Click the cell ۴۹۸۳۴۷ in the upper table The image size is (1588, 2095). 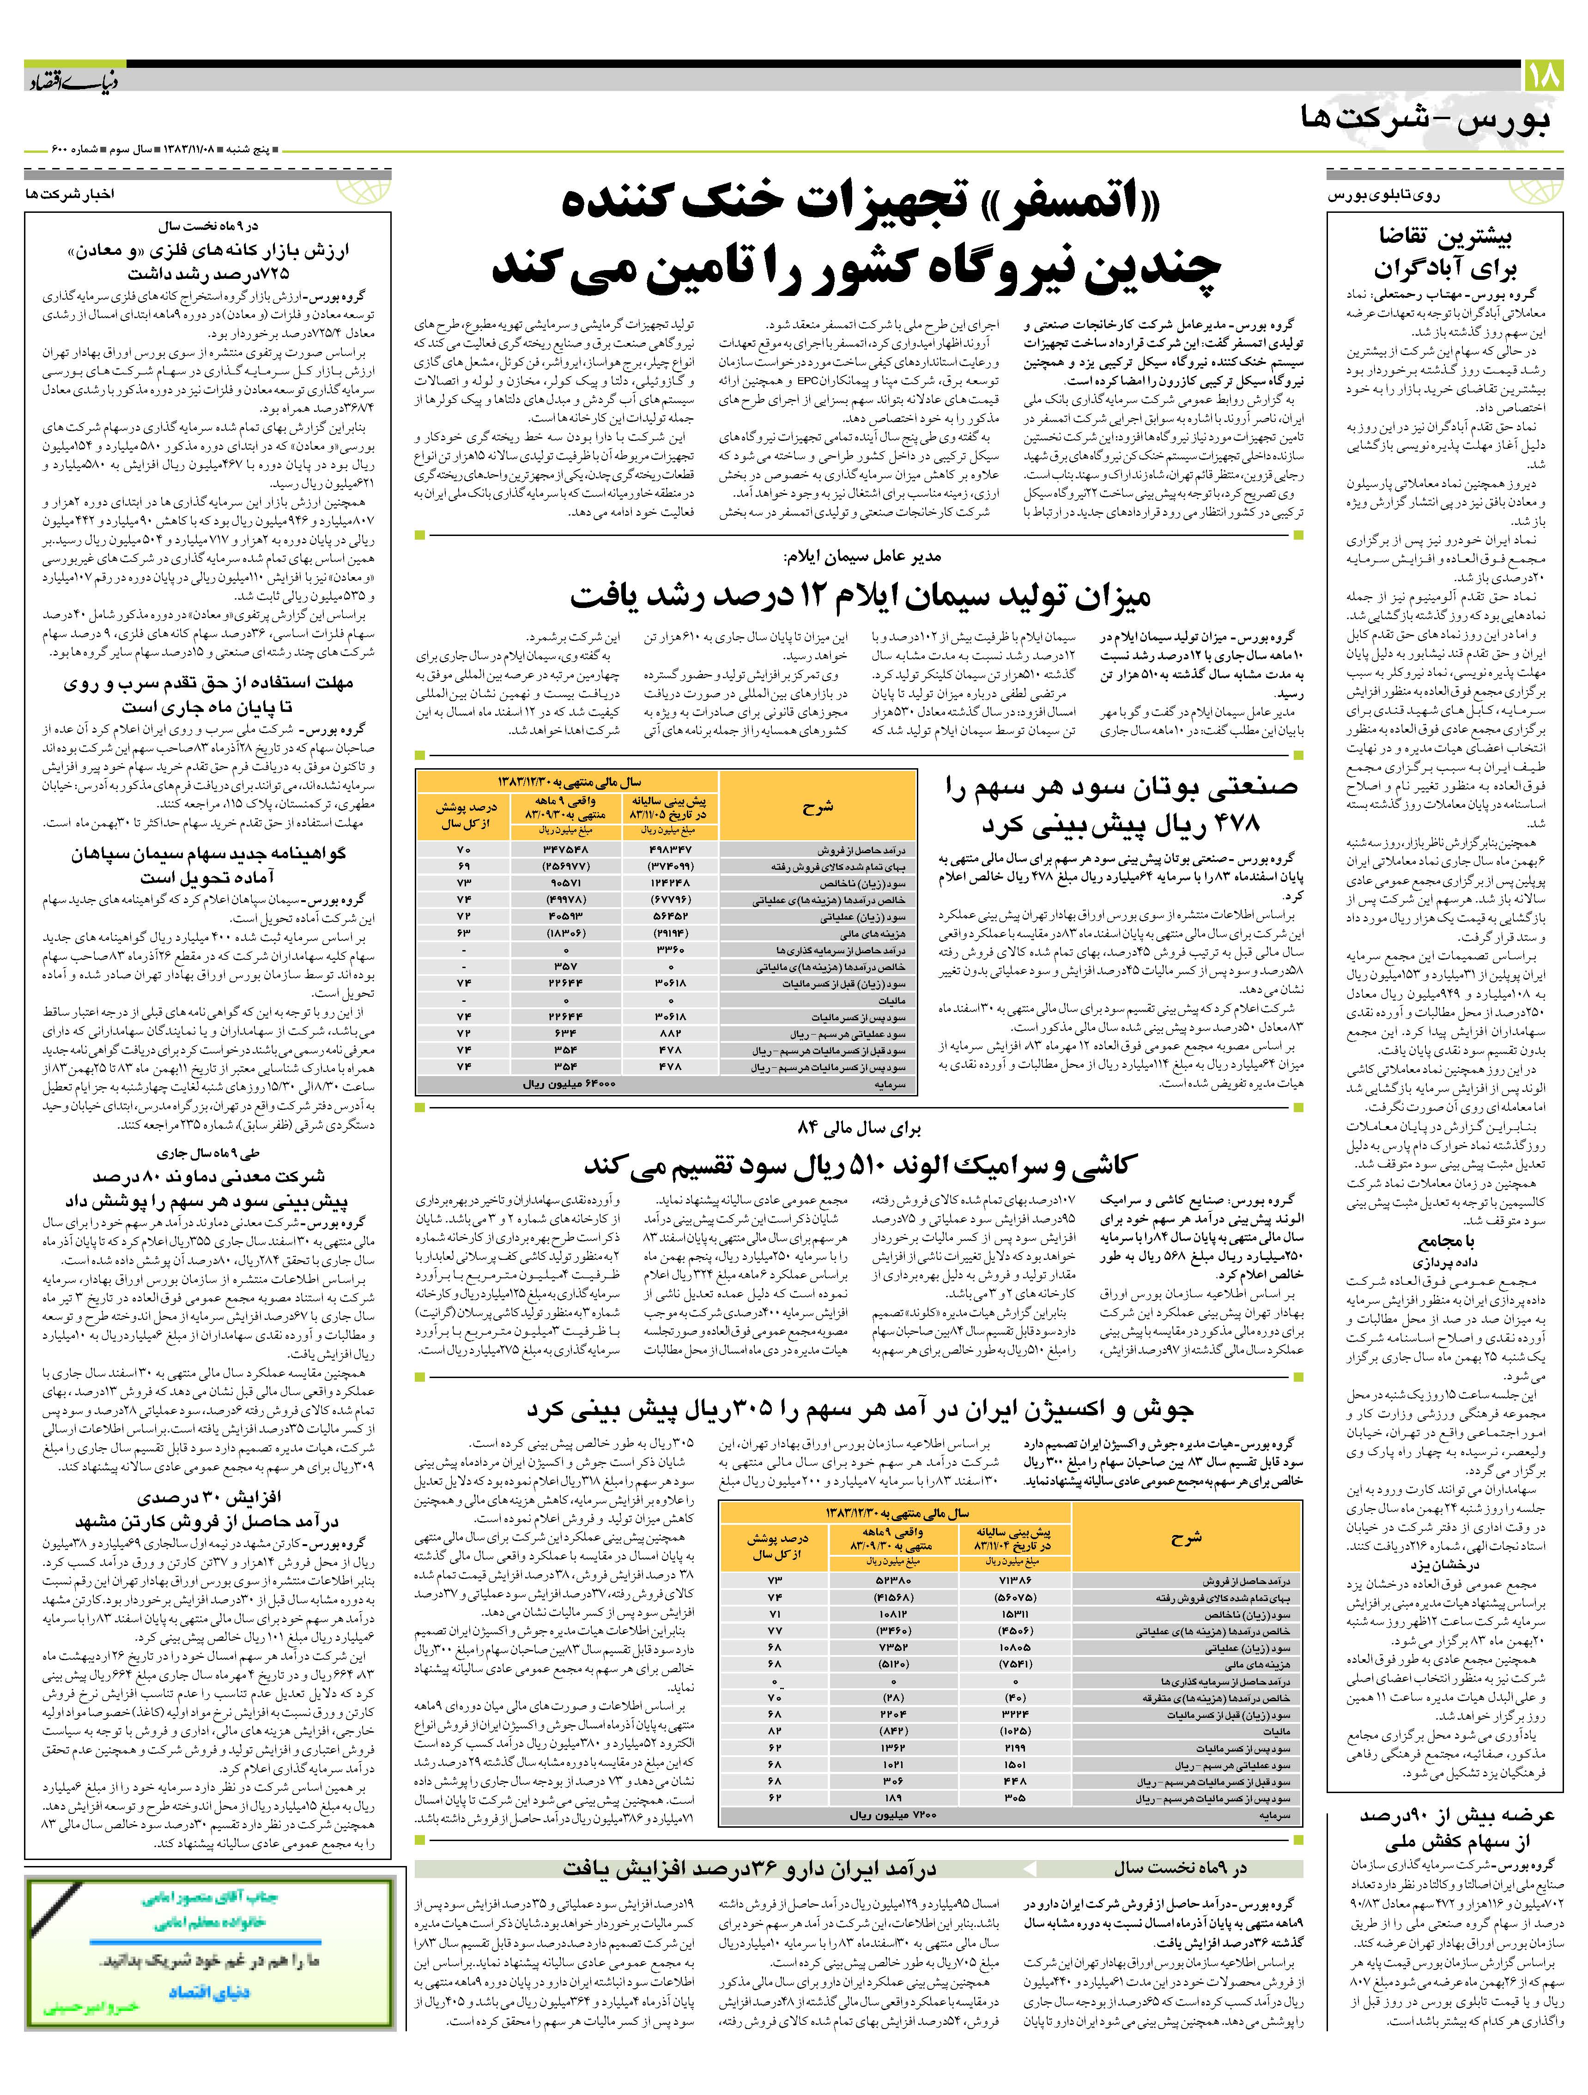click(x=668, y=850)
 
